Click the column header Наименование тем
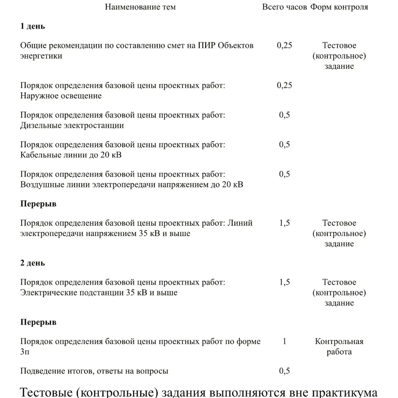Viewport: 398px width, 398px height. pyautogui.click(x=140, y=7)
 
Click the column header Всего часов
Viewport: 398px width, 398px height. pyautogui.click(x=284, y=7)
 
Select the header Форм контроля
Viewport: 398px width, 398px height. pyautogui.click(x=339, y=7)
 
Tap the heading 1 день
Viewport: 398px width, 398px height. pyautogui.click(x=33, y=27)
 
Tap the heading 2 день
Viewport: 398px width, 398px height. pyautogui.click(x=33, y=263)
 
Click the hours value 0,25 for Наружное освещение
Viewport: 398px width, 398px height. pyautogui.click(x=284, y=86)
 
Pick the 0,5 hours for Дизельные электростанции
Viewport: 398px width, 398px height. pyautogui.click(x=284, y=115)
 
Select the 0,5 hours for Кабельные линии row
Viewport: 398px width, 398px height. pyautogui.click(x=284, y=145)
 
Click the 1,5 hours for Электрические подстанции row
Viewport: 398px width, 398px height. pyautogui.click(x=284, y=282)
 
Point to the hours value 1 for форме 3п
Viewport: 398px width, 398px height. pyautogui.click(x=284, y=341)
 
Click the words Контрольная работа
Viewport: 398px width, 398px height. pyautogui.click(x=339, y=347)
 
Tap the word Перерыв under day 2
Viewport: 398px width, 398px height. pyautogui.click(x=38, y=322)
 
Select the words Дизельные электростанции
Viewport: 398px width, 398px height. pyautogui.click(x=72, y=126)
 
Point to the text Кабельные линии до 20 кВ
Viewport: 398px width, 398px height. pyautogui.click(x=71, y=155)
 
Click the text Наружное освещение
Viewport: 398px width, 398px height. pyautogui.click(x=61, y=96)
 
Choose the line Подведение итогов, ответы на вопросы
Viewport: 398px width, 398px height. pyautogui.click(x=94, y=371)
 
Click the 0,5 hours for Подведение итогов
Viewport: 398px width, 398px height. pyautogui.click(x=284, y=371)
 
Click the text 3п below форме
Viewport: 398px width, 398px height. pyautogui.click(x=25, y=352)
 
